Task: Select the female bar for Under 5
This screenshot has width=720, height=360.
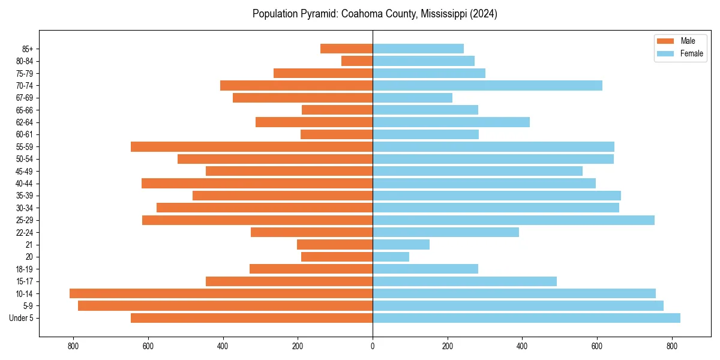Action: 526,318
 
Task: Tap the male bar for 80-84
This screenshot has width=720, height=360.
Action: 357,61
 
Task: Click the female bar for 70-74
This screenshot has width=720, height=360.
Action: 487,85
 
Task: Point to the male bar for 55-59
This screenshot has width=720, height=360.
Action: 251,146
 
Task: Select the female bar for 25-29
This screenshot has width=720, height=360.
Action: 514,220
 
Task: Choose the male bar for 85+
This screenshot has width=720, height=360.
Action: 346,49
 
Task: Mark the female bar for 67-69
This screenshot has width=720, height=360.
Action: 412,98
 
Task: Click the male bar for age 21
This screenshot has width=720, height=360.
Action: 335,245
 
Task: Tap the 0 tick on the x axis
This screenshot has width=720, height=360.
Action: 373,346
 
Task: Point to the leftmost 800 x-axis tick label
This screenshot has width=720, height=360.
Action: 73,346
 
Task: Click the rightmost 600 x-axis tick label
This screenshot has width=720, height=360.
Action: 597,346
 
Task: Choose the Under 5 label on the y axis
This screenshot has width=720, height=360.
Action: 22,318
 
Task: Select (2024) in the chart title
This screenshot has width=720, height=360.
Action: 484,14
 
